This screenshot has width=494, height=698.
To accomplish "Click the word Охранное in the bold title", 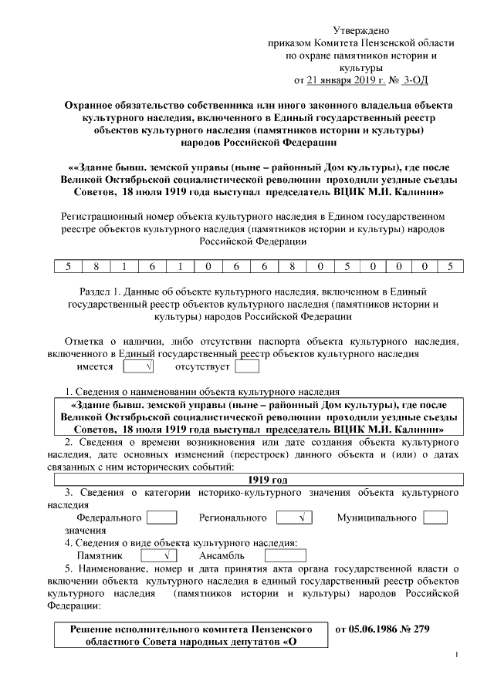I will pyautogui.click(x=89, y=105).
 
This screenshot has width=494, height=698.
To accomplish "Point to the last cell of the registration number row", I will pyautogui.click(x=449, y=267).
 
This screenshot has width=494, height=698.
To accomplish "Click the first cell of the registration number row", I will pyautogui.click(x=68, y=267).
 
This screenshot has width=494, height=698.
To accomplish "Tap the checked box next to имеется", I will pyautogui.click(x=137, y=366).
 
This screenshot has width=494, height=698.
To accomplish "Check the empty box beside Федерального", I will pyautogui.click(x=162, y=518).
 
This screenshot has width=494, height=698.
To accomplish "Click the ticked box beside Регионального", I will pyautogui.click(x=293, y=518).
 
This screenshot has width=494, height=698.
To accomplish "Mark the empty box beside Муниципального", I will pyautogui.click(x=435, y=518).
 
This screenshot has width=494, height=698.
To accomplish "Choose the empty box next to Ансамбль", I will pyautogui.click(x=279, y=555).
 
